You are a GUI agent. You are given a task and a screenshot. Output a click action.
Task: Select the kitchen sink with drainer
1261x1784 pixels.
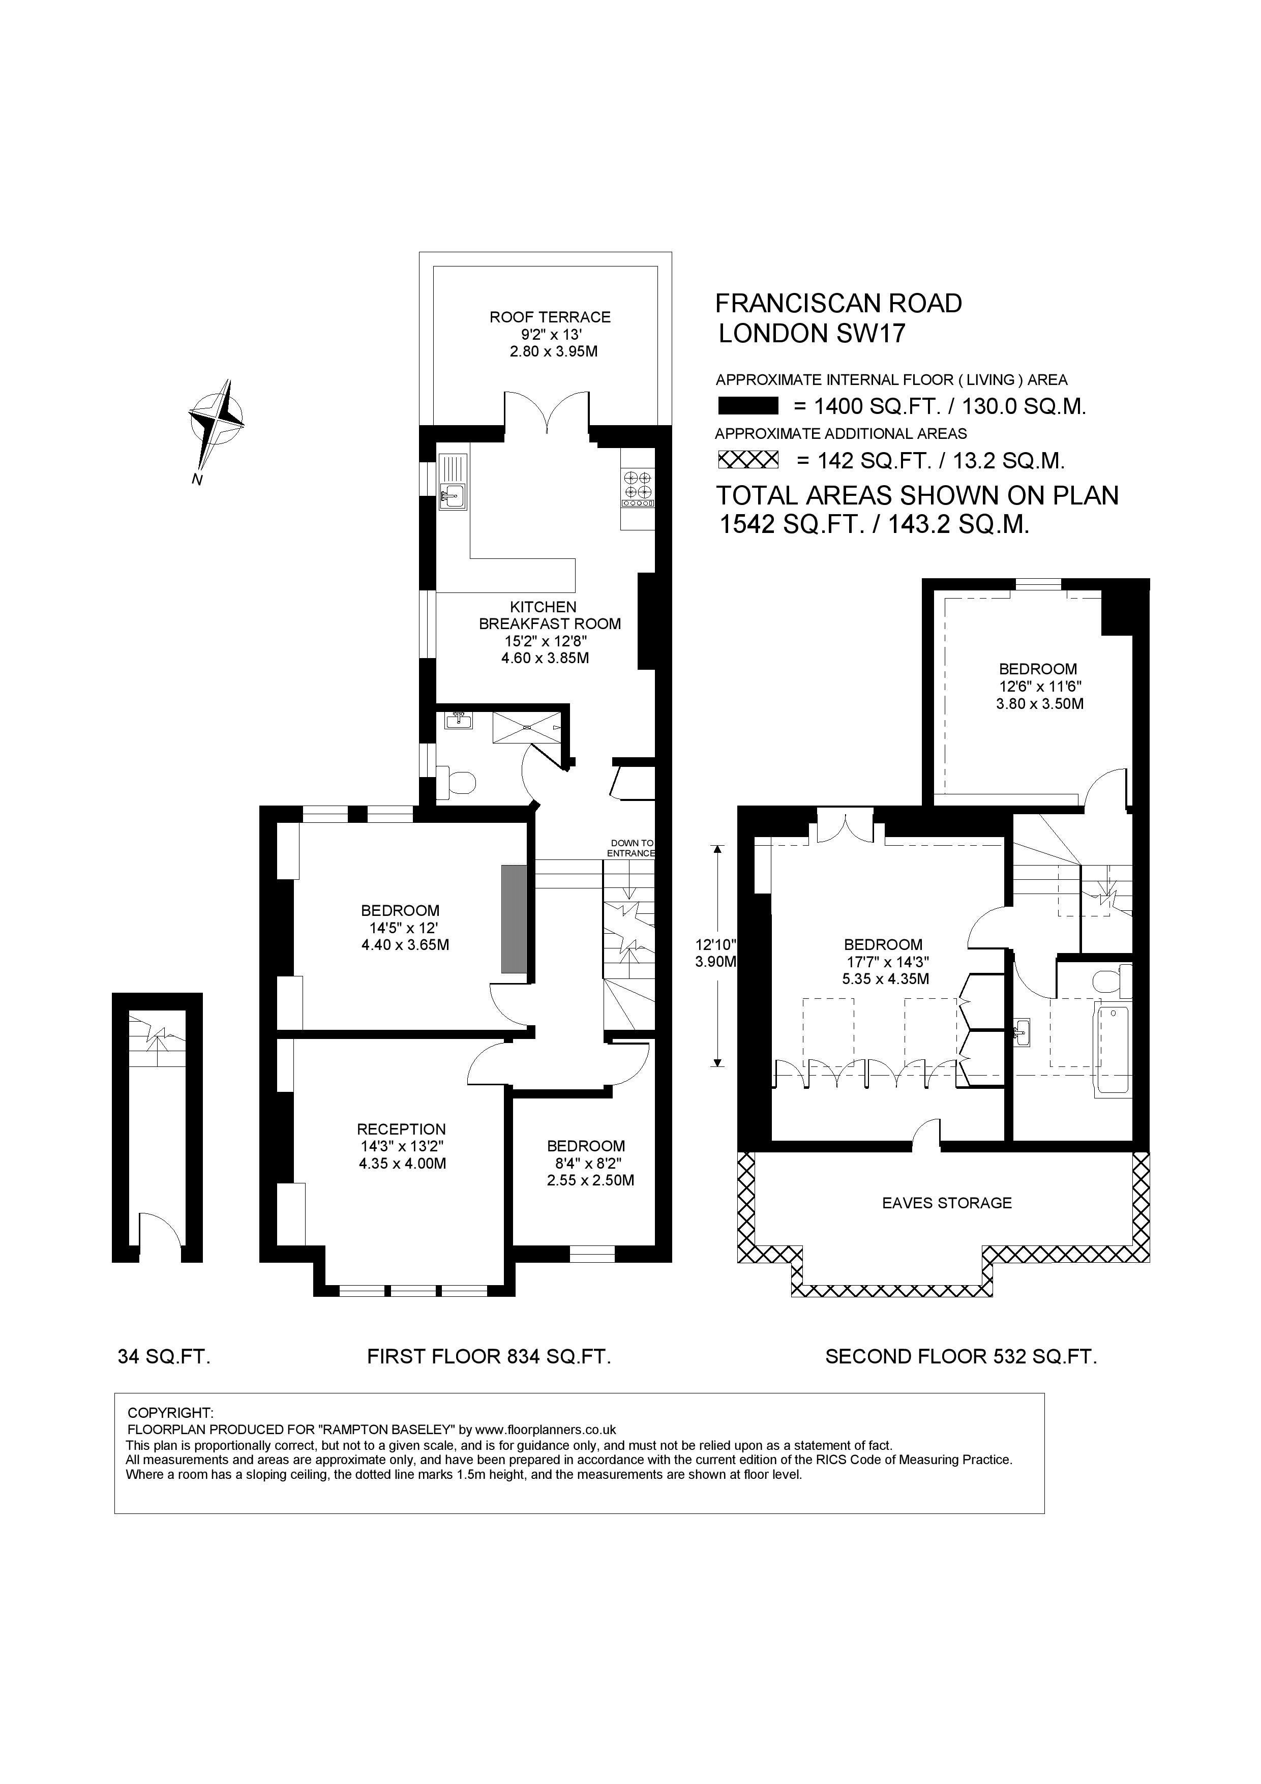pos(452,483)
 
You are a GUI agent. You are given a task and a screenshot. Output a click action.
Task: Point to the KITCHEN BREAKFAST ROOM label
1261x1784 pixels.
pos(549,615)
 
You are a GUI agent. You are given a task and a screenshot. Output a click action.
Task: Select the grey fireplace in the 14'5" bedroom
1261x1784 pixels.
pos(513,918)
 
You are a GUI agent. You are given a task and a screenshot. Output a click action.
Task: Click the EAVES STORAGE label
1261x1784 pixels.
pos(946,1203)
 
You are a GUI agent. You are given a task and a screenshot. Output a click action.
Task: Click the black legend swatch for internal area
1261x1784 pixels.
pos(747,406)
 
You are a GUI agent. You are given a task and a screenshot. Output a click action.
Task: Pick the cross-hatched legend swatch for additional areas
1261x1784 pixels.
pos(747,460)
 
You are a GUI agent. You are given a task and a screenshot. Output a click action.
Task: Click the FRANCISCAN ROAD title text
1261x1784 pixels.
pos(837,303)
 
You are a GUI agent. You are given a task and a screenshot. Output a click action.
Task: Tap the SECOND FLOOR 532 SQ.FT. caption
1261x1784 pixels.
pos(960,1357)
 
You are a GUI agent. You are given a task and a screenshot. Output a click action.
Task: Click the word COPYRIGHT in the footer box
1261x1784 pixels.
pos(169,1413)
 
